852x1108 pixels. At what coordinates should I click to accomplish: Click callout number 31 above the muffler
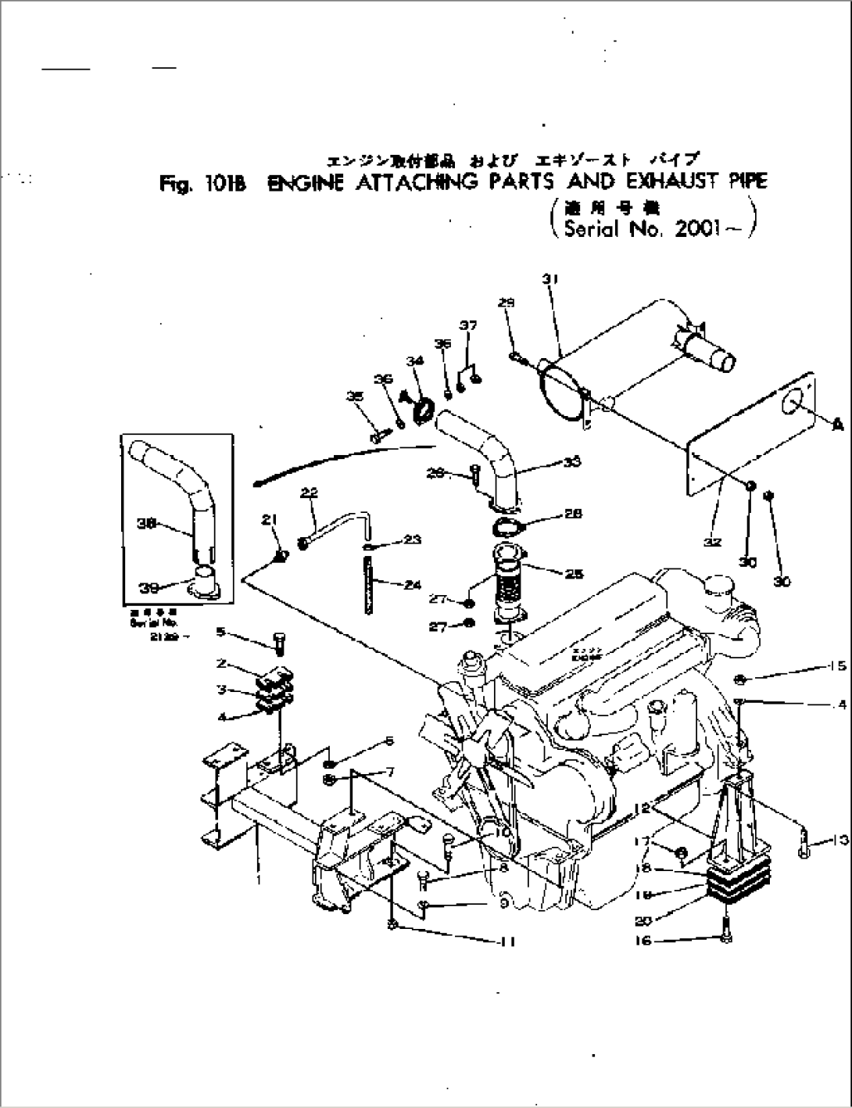click(x=548, y=279)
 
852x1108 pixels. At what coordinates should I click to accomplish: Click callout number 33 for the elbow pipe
click(x=571, y=462)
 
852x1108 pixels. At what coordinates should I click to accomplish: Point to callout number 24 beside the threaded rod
click(x=413, y=583)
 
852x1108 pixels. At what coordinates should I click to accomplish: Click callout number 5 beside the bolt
click(x=220, y=631)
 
